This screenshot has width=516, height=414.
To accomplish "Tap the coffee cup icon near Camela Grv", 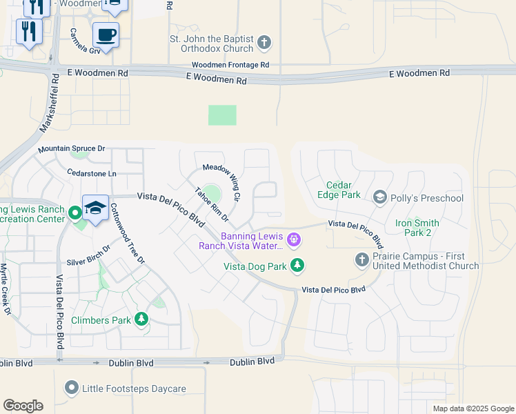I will coord(106,34).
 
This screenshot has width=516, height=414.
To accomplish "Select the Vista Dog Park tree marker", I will coord(297,265).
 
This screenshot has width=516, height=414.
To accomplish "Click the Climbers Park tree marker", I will coord(141,319).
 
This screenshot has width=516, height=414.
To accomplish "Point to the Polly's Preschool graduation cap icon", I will coord(379,198).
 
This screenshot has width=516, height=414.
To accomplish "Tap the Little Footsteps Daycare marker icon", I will coord(71,388).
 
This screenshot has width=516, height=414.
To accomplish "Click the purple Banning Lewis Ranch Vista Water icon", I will coord(294,240).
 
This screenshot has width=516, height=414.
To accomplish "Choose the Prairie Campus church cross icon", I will coord(361,259).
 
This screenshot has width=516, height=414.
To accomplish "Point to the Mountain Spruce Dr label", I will coord(71,149).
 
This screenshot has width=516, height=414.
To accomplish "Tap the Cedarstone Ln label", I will coord(92,172).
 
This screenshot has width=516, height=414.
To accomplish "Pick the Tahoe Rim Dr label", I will coord(212,205).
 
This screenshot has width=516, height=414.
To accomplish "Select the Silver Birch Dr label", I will coord(88,256).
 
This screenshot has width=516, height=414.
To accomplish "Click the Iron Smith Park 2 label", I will coord(422,228).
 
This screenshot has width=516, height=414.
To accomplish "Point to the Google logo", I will coord(23,406).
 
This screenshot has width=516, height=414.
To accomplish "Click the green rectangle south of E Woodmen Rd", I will coord(222,115).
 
